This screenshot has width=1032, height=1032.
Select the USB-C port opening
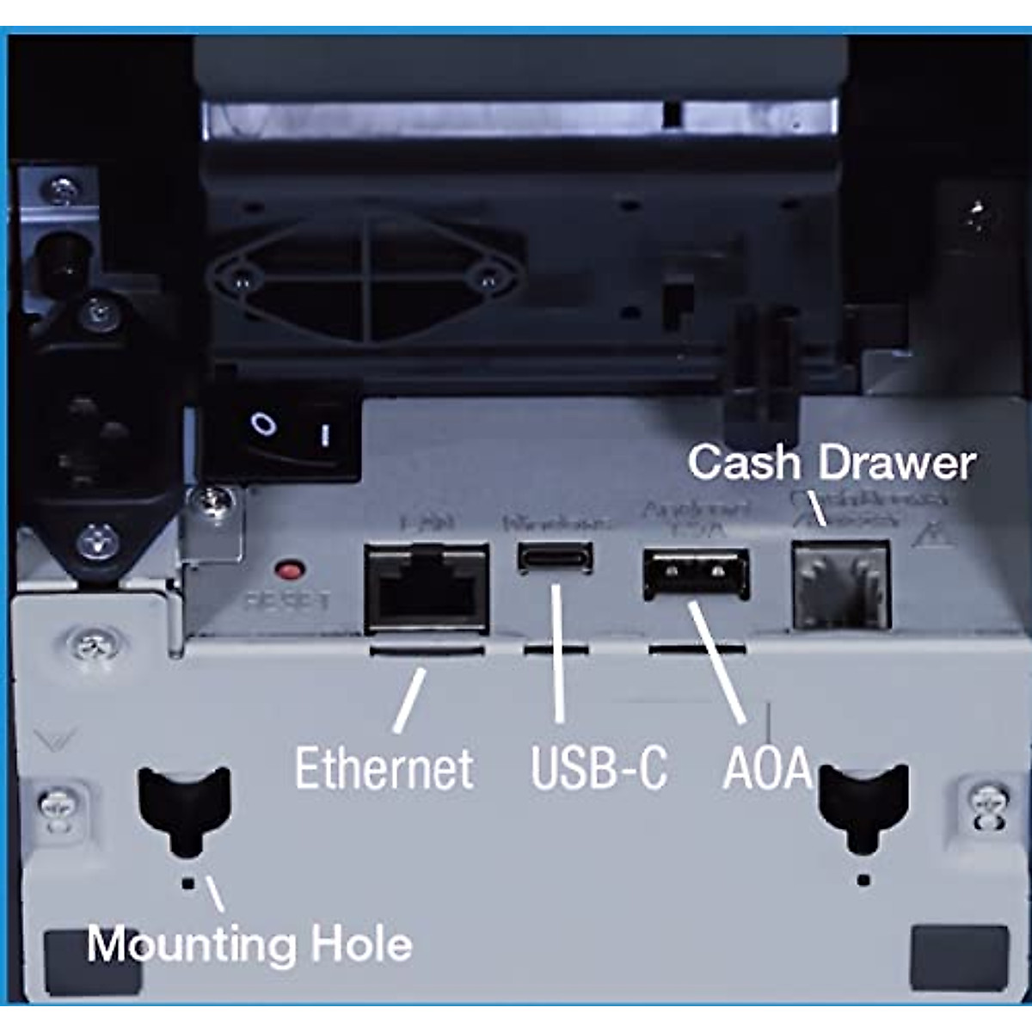555,556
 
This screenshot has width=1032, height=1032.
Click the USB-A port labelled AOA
695,574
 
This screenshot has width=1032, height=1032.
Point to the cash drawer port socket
839,584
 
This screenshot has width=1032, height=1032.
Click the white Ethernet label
384,768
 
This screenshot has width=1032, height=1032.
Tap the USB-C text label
599,768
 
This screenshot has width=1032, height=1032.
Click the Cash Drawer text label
831,463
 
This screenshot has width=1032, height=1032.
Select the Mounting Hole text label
249,944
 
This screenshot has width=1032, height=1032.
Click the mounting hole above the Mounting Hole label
184,808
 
